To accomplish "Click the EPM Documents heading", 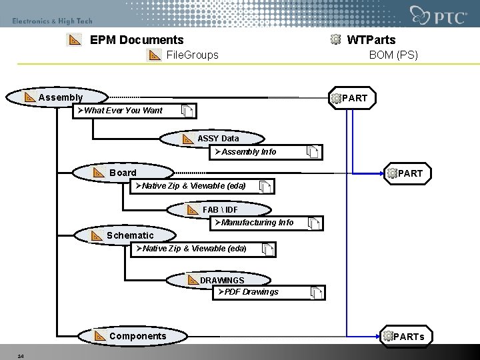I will [136, 40].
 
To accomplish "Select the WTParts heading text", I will [371, 40].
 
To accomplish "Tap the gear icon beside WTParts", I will [336, 40].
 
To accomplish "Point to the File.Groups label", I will [192, 55].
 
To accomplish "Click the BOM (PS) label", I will [393, 55].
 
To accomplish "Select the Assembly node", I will [60, 98].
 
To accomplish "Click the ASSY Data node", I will [217, 138].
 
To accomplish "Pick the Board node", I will [123, 173].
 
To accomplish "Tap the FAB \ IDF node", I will [220, 210].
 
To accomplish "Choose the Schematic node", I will [129, 235].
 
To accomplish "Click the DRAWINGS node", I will [222, 280].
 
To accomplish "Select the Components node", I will [137, 336].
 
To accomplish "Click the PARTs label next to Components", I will [408, 337].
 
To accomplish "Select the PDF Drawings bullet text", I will [251, 291].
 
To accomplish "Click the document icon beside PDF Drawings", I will [316, 292].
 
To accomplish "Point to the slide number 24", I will [21, 355].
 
